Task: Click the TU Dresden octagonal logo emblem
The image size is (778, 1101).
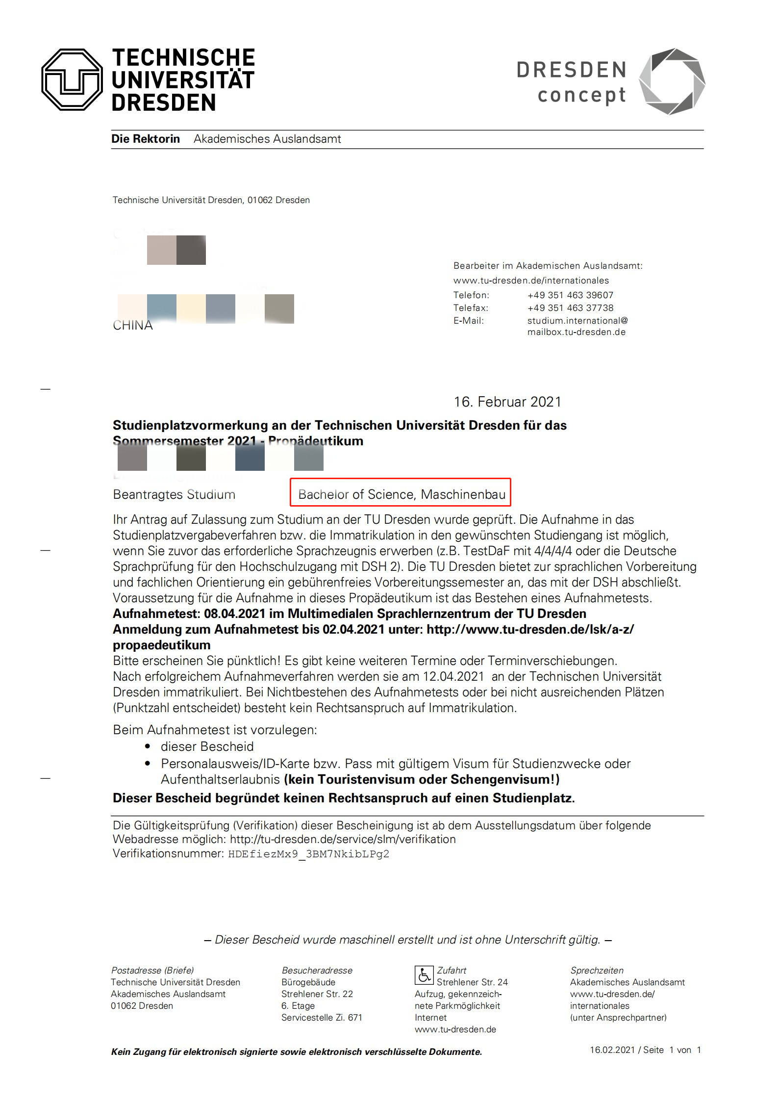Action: pyautogui.click(x=72, y=79)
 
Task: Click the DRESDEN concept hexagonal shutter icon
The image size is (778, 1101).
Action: pyautogui.click(x=672, y=81)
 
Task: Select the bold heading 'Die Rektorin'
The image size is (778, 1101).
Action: pyautogui.click(x=146, y=139)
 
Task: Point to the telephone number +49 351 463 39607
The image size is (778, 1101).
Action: pyautogui.click(x=570, y=295)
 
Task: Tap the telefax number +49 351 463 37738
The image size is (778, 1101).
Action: pyautogui.click(x=570, y=308)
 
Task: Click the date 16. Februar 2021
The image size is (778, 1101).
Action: pyautogui.click(x=507, y=402)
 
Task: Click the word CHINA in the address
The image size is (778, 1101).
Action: pyautogui.click(x=133, y=326)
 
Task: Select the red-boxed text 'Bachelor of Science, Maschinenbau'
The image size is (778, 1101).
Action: pyautogui.click(x=402, y=494)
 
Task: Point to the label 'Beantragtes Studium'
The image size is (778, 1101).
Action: pyautogui.click(x=174, y=494)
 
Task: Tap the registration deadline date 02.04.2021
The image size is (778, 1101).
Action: pyautogui.click(x=353, y=630)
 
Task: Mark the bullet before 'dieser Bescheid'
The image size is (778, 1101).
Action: pyautogui.click(x=148, y=746)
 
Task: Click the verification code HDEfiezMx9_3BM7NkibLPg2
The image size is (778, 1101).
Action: pyautogui.click(x=309, y=854)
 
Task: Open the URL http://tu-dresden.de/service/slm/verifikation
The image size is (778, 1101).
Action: pyautogui.click(x=343, y=839)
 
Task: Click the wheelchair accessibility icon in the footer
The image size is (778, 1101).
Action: pyautogui.click(x=424, y=975)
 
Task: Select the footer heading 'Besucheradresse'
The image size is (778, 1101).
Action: pyautogui.click(x=317, y=971)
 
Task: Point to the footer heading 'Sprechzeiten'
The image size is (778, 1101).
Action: pyautogui.click(x=597, y=971)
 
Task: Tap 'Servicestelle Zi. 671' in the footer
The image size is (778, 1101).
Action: pyautogui.click(x=322, y=1018)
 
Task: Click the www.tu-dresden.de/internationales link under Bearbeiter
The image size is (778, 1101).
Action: pyautogui.click(x=531, y=281)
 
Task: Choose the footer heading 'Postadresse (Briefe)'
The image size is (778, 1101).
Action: pyautogui.click(x=152, y=971)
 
